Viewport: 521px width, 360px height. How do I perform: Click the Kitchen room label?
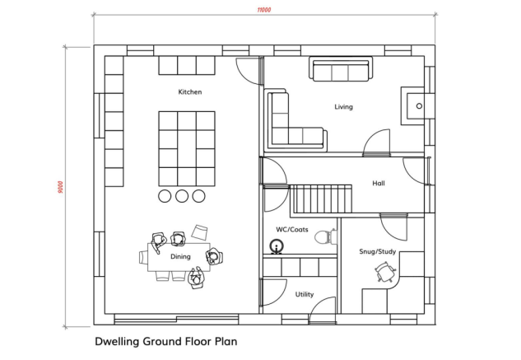coord(190,91)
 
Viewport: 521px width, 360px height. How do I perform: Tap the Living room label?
coord(343,107)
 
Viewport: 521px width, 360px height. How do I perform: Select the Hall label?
coord(379,183)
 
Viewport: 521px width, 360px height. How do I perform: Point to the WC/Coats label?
coord(291,230)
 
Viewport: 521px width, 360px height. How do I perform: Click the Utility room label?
coord(305,294)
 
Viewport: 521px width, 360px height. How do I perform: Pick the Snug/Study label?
coord(378,251)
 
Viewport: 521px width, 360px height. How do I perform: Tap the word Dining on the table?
coord(180,256)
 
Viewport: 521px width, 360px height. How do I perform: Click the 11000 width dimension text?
coord(264,10)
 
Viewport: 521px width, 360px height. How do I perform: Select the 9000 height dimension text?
coord(60,187)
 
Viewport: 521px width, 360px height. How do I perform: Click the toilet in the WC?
coord(325,237)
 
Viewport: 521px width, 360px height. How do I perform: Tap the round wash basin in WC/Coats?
coord(276,246)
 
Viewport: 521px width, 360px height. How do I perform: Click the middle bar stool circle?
coord(182,196)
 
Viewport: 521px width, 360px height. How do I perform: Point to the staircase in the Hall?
coord(321,199)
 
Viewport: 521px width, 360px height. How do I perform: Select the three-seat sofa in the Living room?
coord(341,69)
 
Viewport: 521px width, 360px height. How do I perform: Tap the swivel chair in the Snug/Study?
coord(385,271)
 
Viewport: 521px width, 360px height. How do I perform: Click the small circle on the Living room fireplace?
coord(419,106)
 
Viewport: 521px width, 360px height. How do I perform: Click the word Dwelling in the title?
coord(117,342)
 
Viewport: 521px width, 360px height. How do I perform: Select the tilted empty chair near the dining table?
coord(199,232)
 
